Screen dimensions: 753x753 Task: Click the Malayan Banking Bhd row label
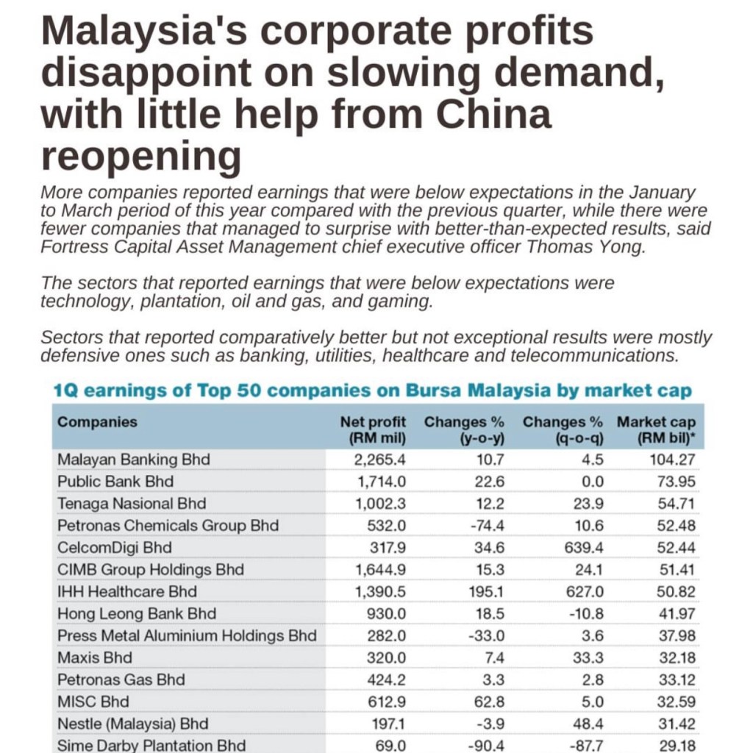134,460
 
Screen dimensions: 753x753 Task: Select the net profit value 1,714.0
380,482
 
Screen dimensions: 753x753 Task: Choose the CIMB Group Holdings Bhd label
151,570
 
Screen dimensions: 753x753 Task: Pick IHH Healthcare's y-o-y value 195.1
485,591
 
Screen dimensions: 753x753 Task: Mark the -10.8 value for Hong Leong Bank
586,613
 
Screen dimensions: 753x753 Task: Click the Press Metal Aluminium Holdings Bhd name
187,635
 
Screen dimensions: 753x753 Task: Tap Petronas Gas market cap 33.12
677,679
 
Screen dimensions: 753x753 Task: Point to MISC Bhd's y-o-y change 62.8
488,702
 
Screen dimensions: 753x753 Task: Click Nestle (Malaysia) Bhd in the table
133,724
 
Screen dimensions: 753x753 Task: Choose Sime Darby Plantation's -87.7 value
586,745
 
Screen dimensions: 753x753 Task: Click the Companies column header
97,422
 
